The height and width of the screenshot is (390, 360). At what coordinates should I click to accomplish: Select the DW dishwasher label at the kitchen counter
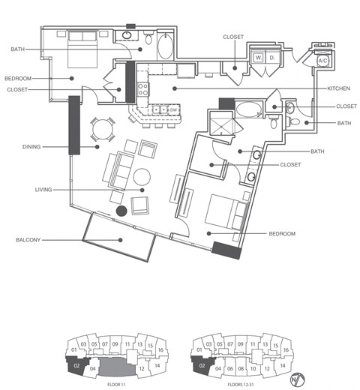pos(172,110)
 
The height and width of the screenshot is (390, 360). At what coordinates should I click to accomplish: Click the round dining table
pos(102,130)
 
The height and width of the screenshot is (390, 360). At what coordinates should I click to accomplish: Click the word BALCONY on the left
pos(27,241)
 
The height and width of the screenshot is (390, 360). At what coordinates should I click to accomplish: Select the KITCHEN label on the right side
pos(338,88)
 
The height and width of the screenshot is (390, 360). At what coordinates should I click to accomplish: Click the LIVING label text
pos(43,190)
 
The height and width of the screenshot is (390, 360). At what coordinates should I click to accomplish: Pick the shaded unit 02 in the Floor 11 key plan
pos(76,366)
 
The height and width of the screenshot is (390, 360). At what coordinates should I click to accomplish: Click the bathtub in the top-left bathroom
pos(166,46)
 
